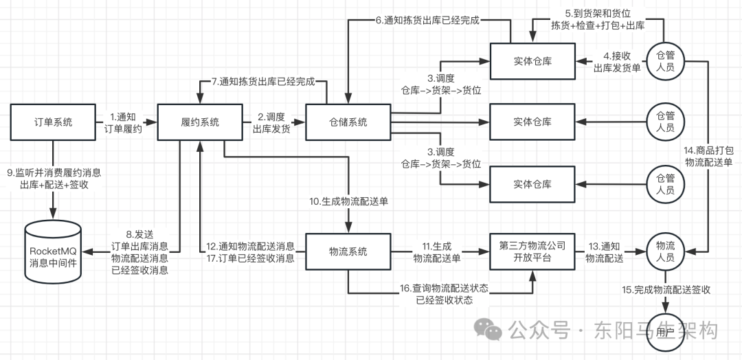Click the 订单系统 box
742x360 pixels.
pyautogui.click(x=53, y=122)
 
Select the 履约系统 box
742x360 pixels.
pyautogui.click(x=199, y=122)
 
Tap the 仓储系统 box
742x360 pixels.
pyautogui.click(x=348, y=122)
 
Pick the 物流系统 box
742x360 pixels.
pyautogui.click(x=348, y=251)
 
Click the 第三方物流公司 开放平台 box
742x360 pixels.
pyautogui.click(x=532, y=251)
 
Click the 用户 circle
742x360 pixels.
pyautogui.click(x=664, y=332)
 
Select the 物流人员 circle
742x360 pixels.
pyautogui.click(x=664, y=251)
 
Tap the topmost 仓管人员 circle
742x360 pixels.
pyautogui.click(x=664, y=60)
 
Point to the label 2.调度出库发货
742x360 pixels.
pyautogui.click(x=271, y=123)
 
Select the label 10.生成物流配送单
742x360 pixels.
pyautogui.click(x=348, y=201)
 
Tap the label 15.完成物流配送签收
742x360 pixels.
pyautogui.click(x=665, y=290)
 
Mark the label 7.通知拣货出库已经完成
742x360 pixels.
pyautogui.click(x=262, y=81)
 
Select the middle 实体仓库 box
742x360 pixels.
pyautogui.click(x=532, y=122)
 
